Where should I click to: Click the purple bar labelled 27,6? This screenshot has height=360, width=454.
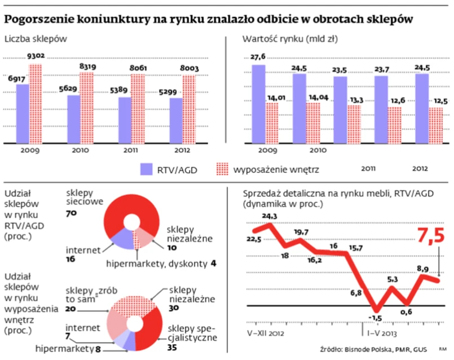point(258,104)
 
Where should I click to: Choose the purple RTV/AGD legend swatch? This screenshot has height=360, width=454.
point(147,170)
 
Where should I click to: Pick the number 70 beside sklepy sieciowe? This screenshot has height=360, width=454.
point(71,214)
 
